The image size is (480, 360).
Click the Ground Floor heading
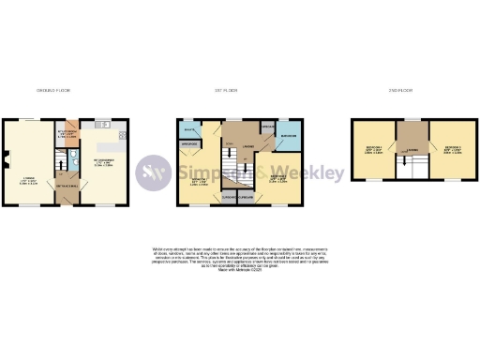pos(53,90)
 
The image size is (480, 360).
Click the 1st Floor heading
pos(226,90)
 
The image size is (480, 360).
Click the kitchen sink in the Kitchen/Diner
pos(97,125)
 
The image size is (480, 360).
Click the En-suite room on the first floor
pos(188,128)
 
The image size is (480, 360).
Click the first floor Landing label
pos(247,147)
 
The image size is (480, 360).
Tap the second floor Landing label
pos(412,148)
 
